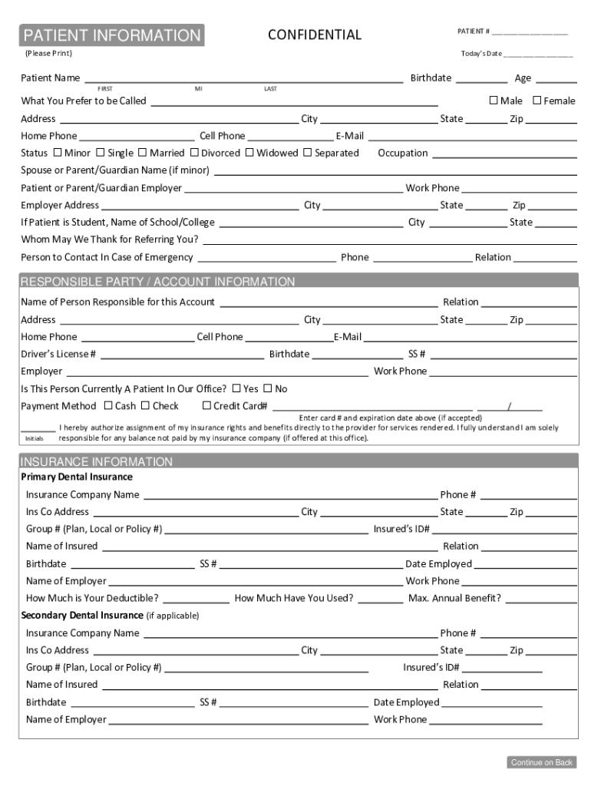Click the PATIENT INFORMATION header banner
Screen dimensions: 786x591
pos(112,35)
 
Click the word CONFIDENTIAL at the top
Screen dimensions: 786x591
pos(314,35)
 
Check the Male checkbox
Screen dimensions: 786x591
pos(494,101)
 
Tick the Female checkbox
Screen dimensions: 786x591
pos(537,101)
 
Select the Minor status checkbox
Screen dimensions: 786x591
pos(58,153)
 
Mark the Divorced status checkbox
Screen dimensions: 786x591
pos(194,153)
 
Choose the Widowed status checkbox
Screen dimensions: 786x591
pos(249,153)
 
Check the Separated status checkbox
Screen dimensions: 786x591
pos(308,153)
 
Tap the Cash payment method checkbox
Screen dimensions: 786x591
pos(108,406)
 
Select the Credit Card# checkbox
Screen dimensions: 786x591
pos(206,406)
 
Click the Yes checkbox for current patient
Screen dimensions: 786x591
pos(236,388)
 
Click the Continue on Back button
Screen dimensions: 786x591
pos(541,762)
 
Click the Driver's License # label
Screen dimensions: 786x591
pos(58,354)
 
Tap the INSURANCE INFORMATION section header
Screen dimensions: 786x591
pos(96,461)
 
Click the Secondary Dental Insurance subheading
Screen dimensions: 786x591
pos(82,616)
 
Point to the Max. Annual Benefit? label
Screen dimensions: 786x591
pos(454,598)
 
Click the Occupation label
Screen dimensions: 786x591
pos(403,153)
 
